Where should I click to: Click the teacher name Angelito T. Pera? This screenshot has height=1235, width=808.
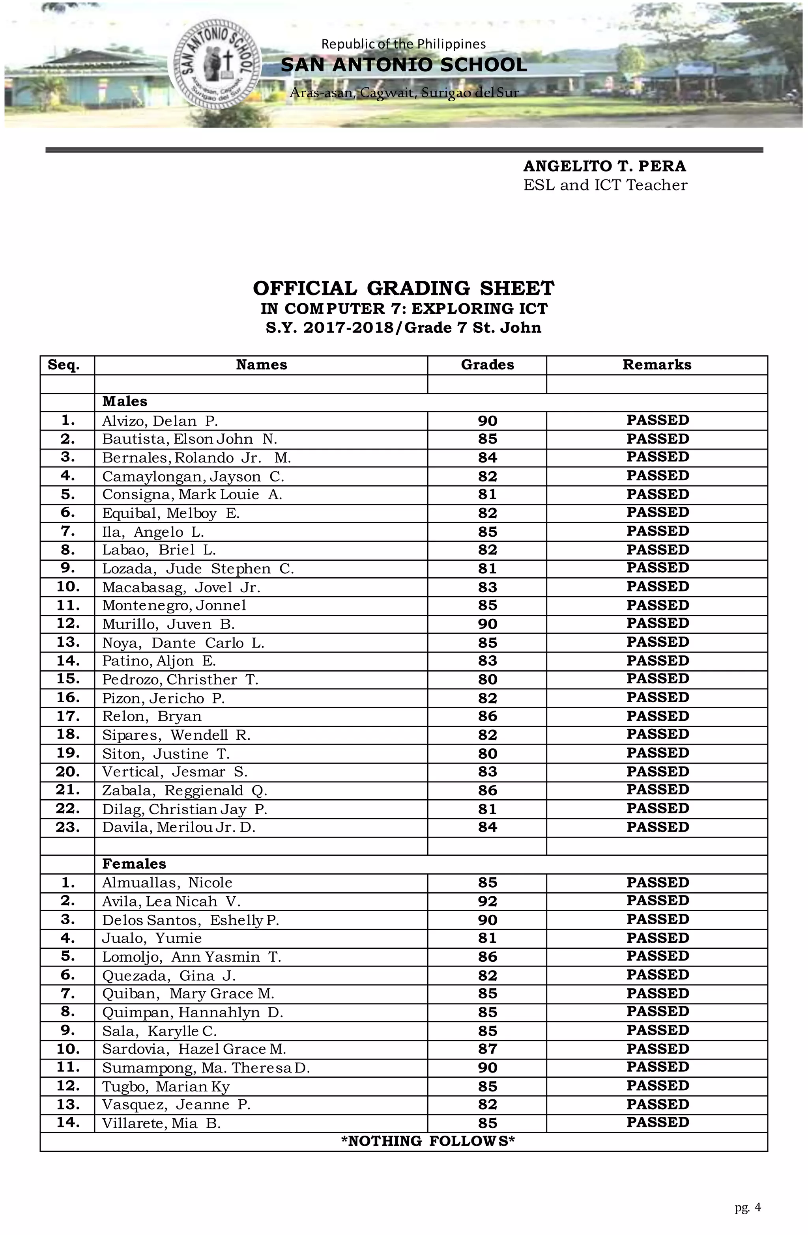coord(604,166)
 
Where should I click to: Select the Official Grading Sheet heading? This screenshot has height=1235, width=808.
coord(404,288)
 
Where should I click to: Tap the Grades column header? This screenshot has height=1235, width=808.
coord(487,365)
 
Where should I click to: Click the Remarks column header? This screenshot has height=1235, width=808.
coord(656,365)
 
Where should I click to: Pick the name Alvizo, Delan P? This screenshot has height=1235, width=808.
coord(159,421)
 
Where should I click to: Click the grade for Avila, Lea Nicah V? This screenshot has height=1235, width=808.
coord(487,901)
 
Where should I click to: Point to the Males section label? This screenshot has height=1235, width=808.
coord(125,402)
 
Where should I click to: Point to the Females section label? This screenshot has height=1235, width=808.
coord(134,864)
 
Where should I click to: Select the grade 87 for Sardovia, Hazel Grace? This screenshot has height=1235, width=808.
coord(487,1049)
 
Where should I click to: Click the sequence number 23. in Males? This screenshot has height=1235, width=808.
coord(67,827)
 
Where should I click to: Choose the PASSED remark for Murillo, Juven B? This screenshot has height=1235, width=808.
coord(657,624)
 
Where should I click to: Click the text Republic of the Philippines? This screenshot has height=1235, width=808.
coord(404,44)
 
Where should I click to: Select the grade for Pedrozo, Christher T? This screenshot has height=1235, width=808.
coord(487,680)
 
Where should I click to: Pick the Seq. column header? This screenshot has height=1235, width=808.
coord(64,365)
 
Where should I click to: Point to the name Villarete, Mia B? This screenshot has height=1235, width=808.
coord(161,1123)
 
